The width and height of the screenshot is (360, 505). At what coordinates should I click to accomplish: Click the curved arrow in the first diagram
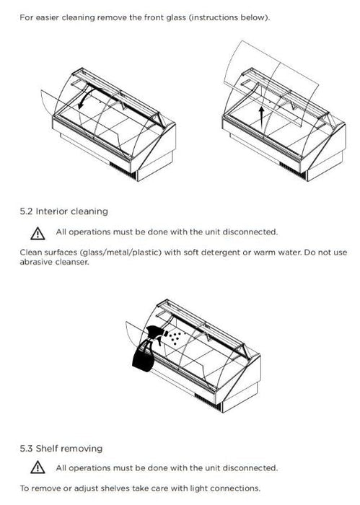[x=87, y=95]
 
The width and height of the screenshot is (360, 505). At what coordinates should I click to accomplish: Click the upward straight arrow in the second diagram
[x=261, y=117]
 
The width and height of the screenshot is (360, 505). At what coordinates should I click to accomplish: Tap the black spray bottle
[x=146, y=348]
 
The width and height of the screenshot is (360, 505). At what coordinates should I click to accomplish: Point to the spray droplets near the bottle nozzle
[x=173, y=338]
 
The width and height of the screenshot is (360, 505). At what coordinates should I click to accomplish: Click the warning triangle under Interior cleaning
[x=38, y=233]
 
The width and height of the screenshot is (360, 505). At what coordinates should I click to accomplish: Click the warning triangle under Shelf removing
[x=38, y=467]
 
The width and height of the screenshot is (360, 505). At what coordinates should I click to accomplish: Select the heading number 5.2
[x=26, y=211]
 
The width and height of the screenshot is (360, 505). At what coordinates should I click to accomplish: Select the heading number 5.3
[x=26, y=448]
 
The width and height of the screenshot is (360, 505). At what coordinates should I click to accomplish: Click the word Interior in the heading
[x=51, y=211]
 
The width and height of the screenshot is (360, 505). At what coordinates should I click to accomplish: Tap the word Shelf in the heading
[x=47, y=448]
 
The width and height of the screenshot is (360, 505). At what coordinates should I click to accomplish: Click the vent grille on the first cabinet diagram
[x=123, y=170]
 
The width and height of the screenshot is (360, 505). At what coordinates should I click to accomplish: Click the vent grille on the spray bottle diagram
[x=208, y=401]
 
